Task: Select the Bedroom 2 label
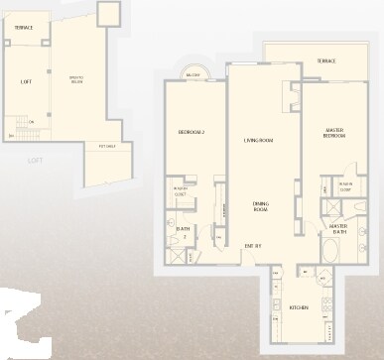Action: pyautogui.click(x=191, y=132)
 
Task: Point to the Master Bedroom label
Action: pyautogui.click(x=334, y=132)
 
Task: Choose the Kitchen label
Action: pyautogui.click(x=298, y=307)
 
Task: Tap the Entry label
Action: pyautogui.click(x=253, y=244)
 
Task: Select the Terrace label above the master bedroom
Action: pyautogui.click(x=325, y=60)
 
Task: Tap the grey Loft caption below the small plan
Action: pyautogui.click(x=35, y=160)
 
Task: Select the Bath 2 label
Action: pyautogui.click(x=184, y=232)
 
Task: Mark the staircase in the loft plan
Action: pyautogui.click(x=22, y=130)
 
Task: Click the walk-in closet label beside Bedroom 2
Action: pyautogui.click(x=181, y=191)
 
